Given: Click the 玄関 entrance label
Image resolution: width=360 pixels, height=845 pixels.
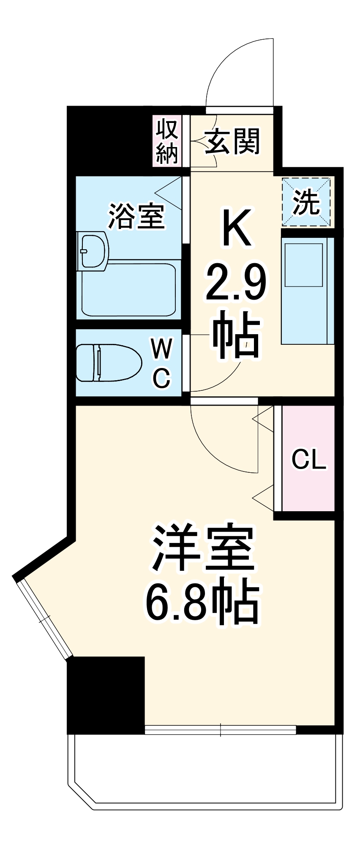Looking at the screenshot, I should (x=232, y=142).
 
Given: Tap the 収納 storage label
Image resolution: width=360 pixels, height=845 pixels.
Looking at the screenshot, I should (x=166, y=142).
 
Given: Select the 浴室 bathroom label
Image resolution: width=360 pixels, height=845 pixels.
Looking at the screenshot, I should (x=136, y=216).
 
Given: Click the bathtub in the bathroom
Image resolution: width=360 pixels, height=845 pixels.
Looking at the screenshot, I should (x=129, y=290).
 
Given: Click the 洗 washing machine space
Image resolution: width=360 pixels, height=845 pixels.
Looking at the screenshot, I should (x=307, y=203).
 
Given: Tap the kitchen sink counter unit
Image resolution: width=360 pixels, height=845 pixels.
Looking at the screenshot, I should (x=308, y=290).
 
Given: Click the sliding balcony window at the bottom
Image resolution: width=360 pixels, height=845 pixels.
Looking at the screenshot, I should (x=220, y=730).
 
